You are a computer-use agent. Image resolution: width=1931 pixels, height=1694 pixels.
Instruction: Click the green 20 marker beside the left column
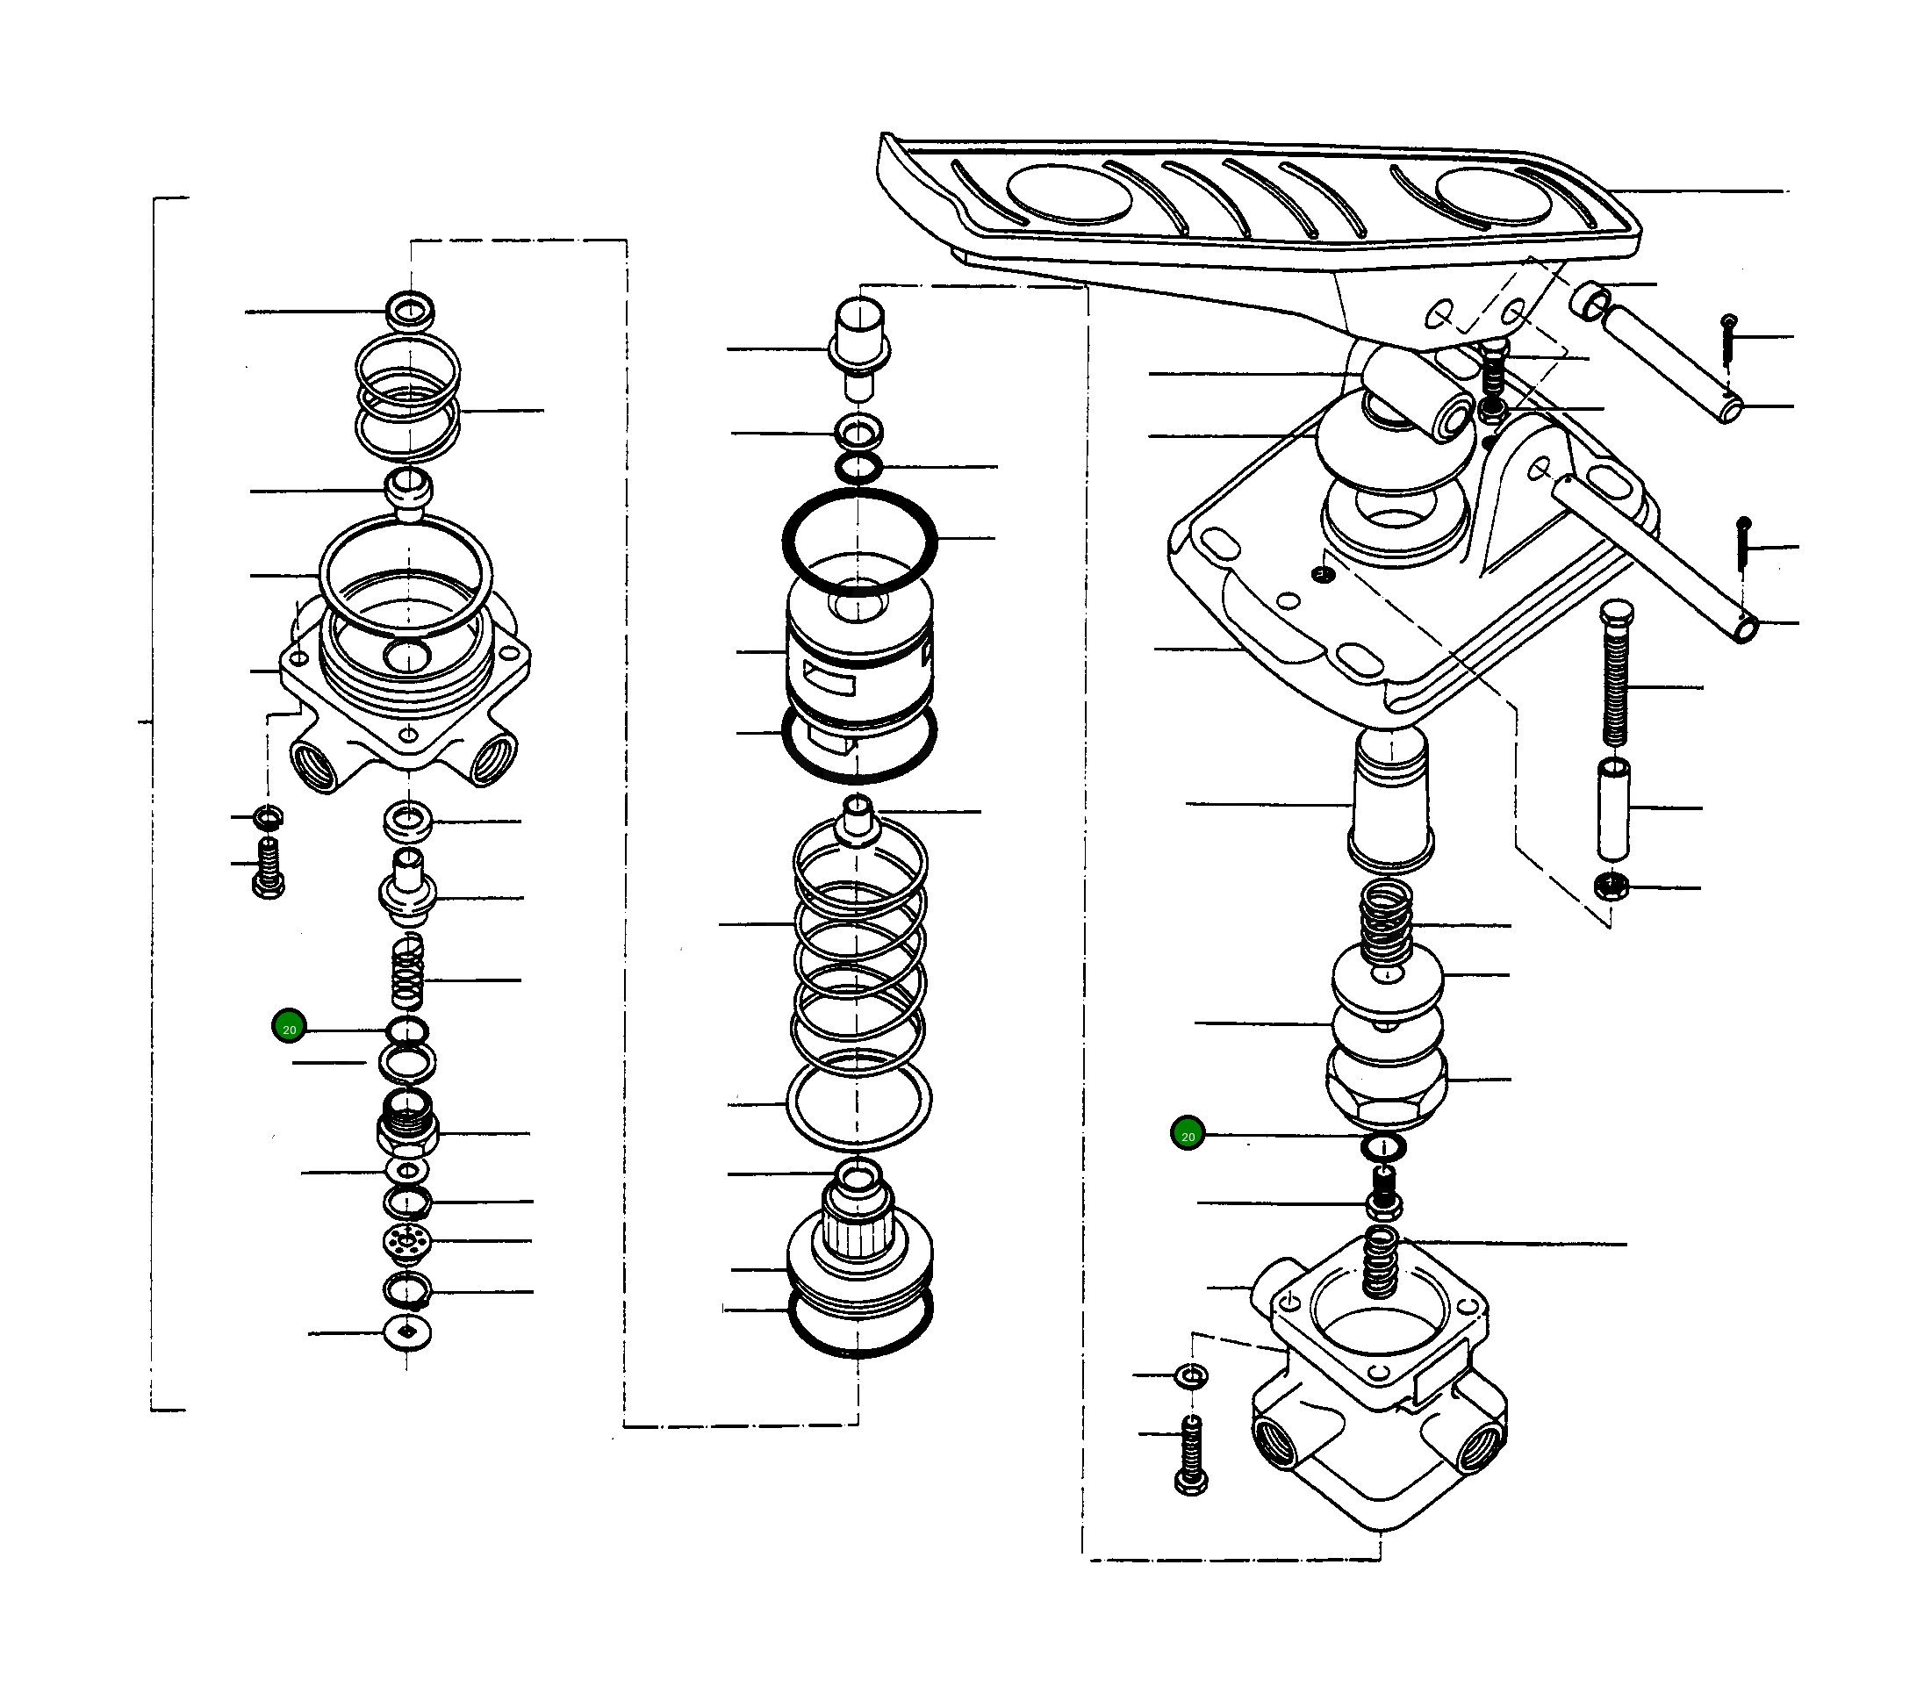[289, 1028]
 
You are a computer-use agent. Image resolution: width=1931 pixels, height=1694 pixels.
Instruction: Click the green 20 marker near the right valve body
[1188, 1135]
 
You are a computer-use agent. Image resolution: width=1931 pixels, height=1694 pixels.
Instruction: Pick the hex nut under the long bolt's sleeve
[1610, 887]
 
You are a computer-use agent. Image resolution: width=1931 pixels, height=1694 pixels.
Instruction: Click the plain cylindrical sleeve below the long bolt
[1613, 808]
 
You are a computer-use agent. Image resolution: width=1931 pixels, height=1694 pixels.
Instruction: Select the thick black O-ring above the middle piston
[858, 542]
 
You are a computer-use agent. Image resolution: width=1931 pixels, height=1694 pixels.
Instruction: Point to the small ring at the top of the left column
[410, 310]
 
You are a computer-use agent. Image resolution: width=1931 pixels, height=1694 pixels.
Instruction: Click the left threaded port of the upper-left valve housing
[314, 763]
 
